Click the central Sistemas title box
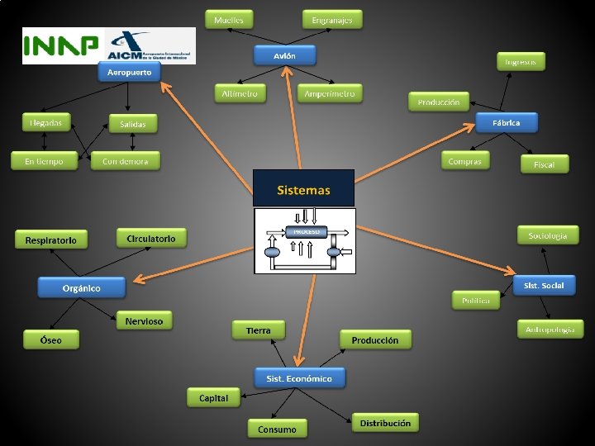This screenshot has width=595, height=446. click(x=303, y=188)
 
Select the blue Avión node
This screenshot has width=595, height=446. click(x=284, y=55)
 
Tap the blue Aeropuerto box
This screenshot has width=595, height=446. click(x=129, y=73)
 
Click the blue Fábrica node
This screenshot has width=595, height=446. click(x=506, y=122)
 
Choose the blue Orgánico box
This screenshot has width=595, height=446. click(x=81, y=287)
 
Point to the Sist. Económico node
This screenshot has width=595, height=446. click(x=299, y=378)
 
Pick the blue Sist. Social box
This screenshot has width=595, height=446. click(x=543, y=286)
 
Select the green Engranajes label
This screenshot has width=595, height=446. click(x=332, y=19)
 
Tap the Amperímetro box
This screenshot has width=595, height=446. click(x=329, y=93)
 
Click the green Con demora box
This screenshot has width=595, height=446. click(x=126, y=161)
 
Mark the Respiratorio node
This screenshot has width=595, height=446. click(x=50, y=240)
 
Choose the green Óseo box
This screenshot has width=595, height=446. click(x=51, y=339)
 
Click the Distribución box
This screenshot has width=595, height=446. click(x=385, y=423)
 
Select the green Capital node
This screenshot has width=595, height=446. click(x=213, y=397)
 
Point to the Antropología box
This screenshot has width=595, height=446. click(x=550, y=329)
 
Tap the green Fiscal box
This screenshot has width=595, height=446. click(x=544, y=164)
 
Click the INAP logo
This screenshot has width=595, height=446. click(x=60, y=45)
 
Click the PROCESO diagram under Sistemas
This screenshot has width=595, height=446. click(x=306, y=240)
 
